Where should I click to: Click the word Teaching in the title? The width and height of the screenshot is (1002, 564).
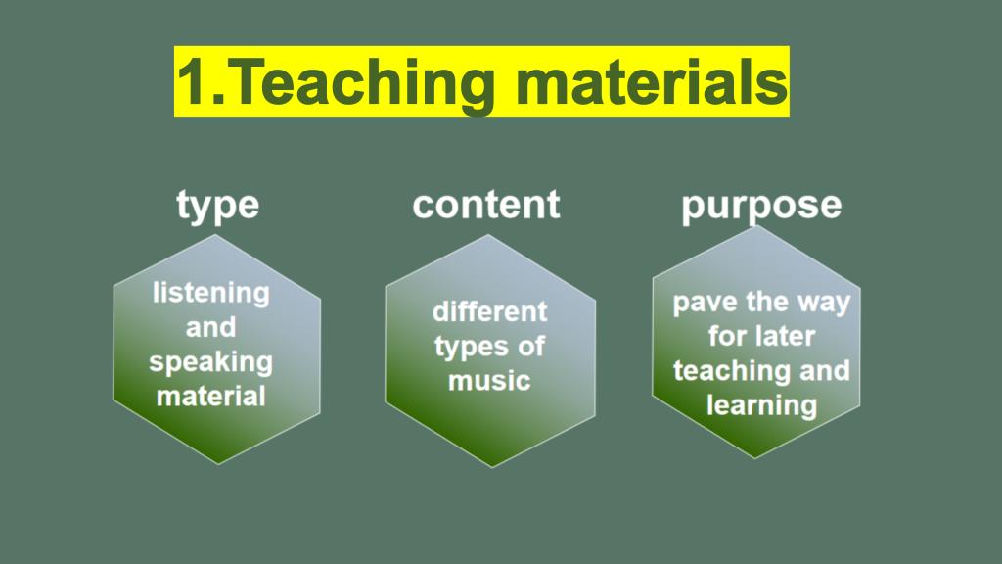(368, 83)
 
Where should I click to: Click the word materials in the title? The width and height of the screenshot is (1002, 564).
(651, 82)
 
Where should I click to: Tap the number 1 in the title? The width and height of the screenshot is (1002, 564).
(193, 82)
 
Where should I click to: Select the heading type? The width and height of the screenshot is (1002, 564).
(218, 206)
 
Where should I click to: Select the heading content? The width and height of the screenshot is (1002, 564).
(486, 205)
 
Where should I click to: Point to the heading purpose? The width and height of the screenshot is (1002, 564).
(761, 206)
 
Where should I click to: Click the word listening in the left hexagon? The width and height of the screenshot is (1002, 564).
(211, 294)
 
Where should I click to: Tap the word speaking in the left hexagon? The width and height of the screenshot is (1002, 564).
(211, 362)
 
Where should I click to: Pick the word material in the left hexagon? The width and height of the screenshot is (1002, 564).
(211, 397)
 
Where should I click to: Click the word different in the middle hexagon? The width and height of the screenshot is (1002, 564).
(489, 312)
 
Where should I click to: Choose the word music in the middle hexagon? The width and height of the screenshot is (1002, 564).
(489, 381)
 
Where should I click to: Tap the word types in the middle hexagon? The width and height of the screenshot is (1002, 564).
(472, 348)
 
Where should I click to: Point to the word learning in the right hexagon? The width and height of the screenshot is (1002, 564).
(761, 406)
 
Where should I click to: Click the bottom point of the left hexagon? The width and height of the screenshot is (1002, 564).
(218, 463)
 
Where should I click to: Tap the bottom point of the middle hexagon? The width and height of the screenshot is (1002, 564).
(491, 467)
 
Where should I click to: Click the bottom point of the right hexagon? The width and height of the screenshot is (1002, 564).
(755, 458)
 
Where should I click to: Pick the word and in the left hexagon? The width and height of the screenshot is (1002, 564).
(211, 327)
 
